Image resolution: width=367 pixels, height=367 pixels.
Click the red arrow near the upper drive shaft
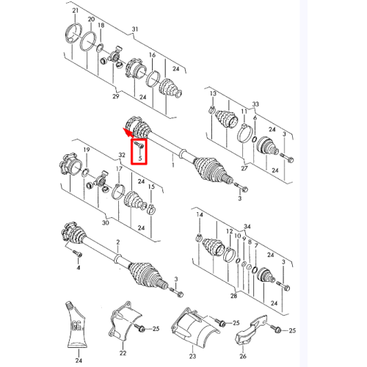click(128, 132)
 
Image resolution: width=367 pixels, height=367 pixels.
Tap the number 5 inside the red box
click(140, 159)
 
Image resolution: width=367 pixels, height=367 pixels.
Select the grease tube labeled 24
click(76, 324)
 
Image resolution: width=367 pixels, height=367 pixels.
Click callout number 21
click(76, 10)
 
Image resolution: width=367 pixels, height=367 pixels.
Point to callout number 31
click(135, 29)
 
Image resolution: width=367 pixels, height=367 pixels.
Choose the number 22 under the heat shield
click(123, 353)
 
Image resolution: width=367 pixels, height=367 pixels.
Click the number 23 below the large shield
click(192, 356)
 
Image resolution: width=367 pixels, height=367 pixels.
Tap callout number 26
click(243, 356)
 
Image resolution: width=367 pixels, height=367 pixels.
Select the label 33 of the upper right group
click(255, 104)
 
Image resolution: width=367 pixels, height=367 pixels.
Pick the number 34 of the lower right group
click(247, 227)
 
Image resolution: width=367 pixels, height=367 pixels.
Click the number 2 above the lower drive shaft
click(118, 242)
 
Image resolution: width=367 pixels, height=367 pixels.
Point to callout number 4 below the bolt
click(79, 268)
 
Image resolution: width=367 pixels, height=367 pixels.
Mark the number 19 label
click(87, 150)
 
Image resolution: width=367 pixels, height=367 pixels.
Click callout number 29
click(116, 96)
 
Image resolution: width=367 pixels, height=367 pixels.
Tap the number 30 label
click(106, 222)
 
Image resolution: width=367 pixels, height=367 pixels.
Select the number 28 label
click(233, 296)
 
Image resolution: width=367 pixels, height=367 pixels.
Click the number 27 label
click(244, 168)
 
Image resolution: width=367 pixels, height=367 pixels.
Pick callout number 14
click(200, 214)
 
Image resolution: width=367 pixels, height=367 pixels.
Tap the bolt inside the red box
click(139, 145)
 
